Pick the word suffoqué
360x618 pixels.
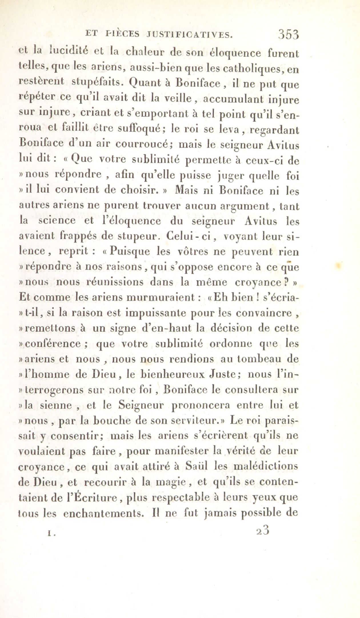click(x=141, y=130)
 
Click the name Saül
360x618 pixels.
click(x=197, y=467)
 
